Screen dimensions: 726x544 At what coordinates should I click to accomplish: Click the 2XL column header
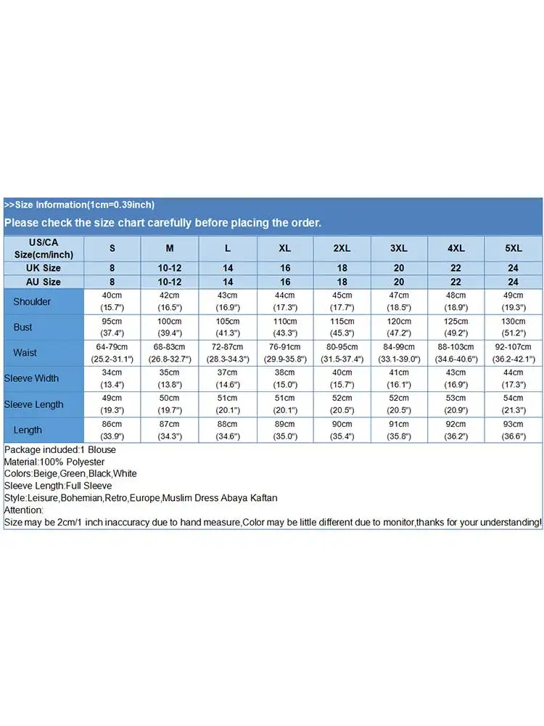pos(342,248)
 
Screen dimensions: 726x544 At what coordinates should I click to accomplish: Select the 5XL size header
pos(514,248)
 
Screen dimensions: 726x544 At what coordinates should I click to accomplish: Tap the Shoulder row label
pos(32,301)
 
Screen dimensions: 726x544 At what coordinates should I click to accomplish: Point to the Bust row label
pos(23,327)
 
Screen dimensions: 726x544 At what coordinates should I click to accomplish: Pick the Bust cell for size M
pos(170,327)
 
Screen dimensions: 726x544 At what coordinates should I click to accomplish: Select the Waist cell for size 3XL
pos(399,352)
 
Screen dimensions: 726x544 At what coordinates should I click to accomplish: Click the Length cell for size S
pos(112,429)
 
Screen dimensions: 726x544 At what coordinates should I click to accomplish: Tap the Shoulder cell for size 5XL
pos(514,301)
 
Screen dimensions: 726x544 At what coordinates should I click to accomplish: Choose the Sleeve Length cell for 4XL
pos(456,404)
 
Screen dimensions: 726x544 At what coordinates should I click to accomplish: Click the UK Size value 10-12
pos(170,268)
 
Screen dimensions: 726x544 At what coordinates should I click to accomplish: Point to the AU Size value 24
pos(514,282)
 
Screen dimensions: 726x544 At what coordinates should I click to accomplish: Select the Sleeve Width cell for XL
pos(285,378)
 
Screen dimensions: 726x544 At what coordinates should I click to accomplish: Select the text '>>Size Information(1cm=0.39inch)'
pos(79,205)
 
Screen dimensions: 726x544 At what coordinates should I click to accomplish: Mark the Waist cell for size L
pos(228,352)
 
